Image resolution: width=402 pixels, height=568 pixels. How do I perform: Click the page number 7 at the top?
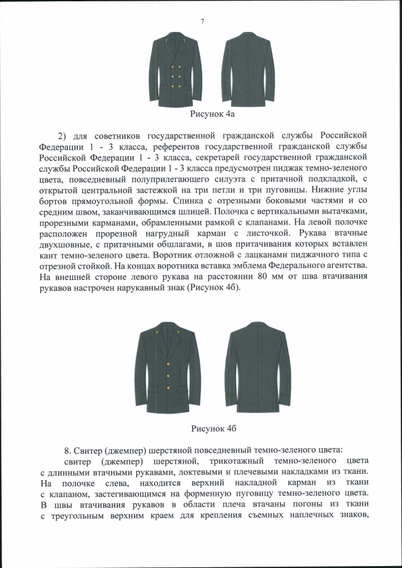pos(202,22)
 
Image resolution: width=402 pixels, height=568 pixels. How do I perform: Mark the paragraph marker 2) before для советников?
pos(62,136)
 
